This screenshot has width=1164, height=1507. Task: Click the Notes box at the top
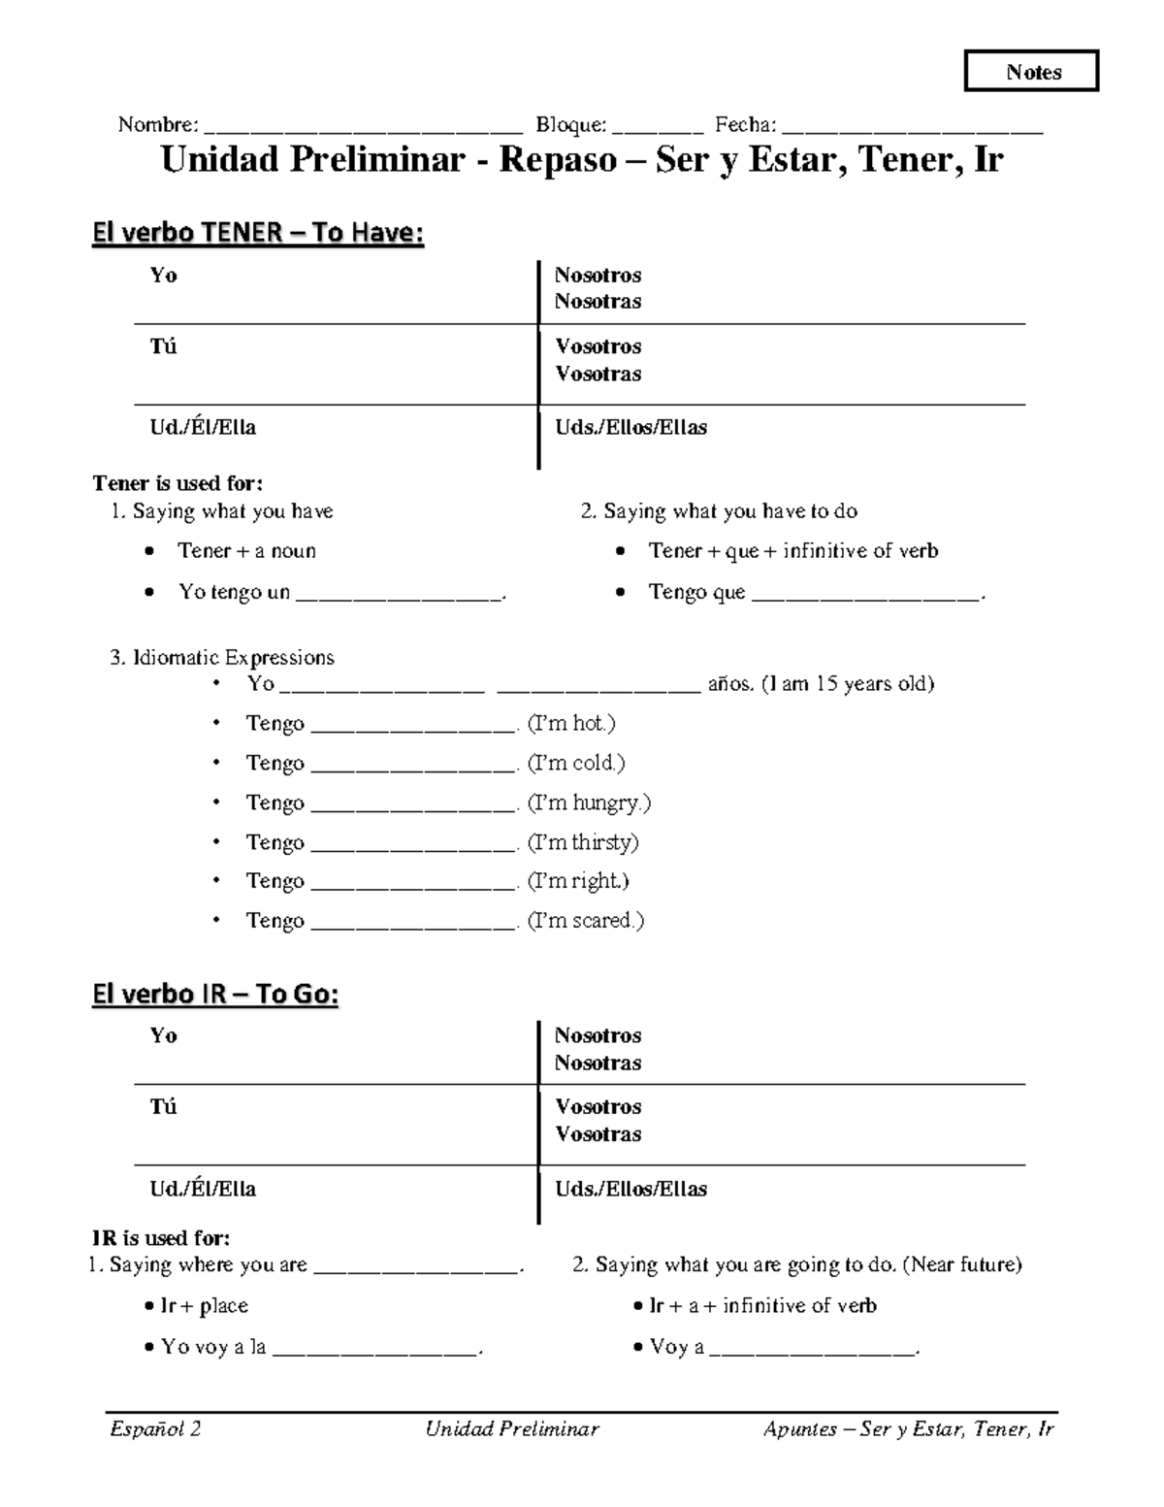tap(1031, 72)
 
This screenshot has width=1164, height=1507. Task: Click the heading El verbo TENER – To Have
tap(258, 233)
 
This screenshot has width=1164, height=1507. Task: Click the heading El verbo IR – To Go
tap(215, 995)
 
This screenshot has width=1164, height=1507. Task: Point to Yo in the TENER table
tap(163, 276)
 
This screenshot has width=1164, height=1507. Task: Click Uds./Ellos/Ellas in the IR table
tap(630, 1189)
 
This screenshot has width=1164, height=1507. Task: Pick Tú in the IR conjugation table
tap(163, 1107)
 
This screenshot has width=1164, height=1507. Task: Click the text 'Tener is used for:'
tap(178, 483)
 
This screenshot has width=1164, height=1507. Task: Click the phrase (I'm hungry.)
tap(589, 803)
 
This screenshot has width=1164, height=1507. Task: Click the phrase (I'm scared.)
tap(586, 920)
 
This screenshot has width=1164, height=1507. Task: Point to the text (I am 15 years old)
tap(848, 683)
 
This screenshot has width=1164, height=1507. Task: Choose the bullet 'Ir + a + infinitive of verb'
tap(761, 1306)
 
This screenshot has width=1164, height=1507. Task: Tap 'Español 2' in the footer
tap(155, 1428)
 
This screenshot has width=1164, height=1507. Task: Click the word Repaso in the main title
tap(558, 160)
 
